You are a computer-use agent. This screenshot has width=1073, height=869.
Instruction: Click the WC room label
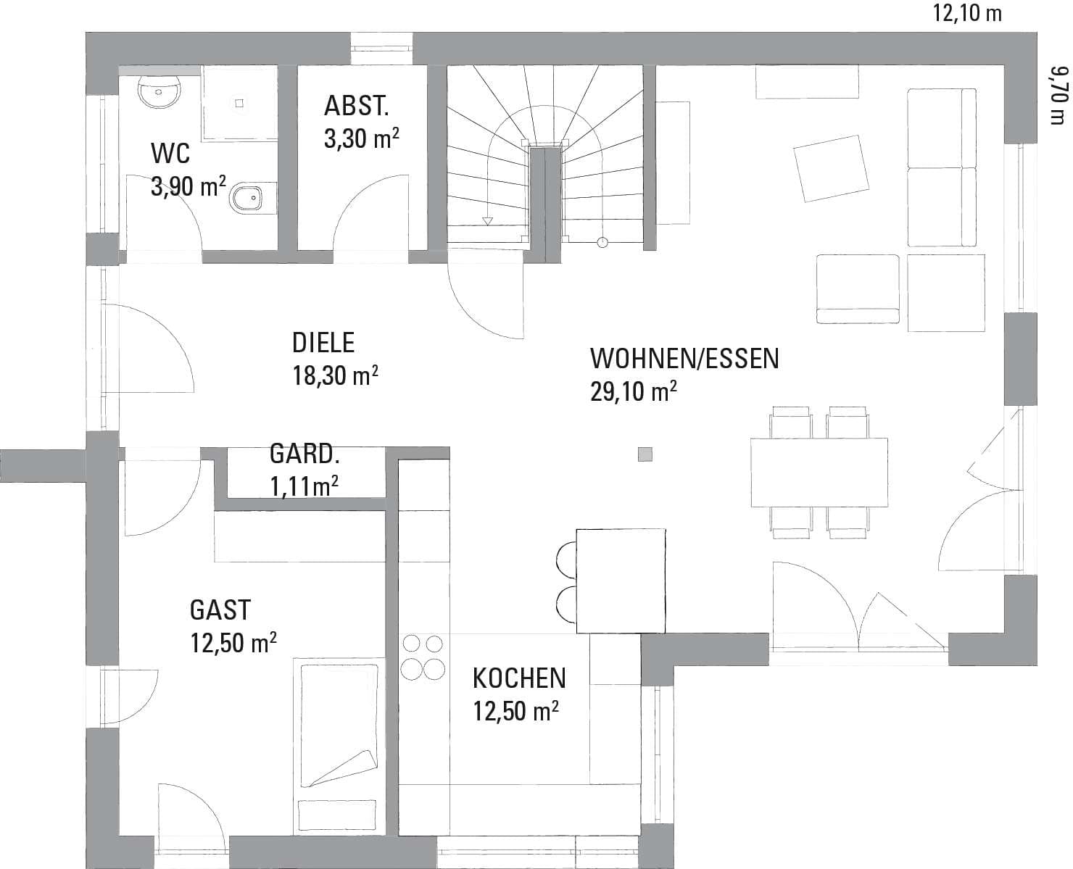point(170,153)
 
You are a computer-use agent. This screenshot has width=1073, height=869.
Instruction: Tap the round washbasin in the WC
point(159,92)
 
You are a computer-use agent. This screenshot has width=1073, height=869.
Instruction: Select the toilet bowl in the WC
point(249,198)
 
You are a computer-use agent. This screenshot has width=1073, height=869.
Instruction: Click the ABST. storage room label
point(356,106)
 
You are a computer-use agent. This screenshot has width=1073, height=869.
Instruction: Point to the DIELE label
point(323,342)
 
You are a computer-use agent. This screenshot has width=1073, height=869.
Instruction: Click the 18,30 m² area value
point(336,375)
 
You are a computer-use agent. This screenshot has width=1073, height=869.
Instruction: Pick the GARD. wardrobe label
point(304,454)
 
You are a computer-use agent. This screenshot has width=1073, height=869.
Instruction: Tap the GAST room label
point(220,610)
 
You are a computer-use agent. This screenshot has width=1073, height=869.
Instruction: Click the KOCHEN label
point(519,678)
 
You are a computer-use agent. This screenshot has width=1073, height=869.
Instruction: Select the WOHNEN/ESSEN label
point(684,359)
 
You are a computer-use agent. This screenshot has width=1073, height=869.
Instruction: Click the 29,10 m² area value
point(634,391)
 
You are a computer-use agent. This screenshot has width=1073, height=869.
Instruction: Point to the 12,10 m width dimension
point(967,13)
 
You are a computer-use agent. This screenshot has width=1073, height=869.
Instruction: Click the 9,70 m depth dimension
point(1059,95)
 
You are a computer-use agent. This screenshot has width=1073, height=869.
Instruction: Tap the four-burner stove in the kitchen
point(423,657)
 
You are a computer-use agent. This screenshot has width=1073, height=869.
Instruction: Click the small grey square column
point(645,454)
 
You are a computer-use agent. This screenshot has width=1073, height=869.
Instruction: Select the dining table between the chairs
point(819,473)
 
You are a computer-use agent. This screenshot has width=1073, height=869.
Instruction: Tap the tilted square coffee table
point(831,169)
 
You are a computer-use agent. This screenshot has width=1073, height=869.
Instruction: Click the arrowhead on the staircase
point(487,221)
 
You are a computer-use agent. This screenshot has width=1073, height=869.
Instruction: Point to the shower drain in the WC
point(240,103)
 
